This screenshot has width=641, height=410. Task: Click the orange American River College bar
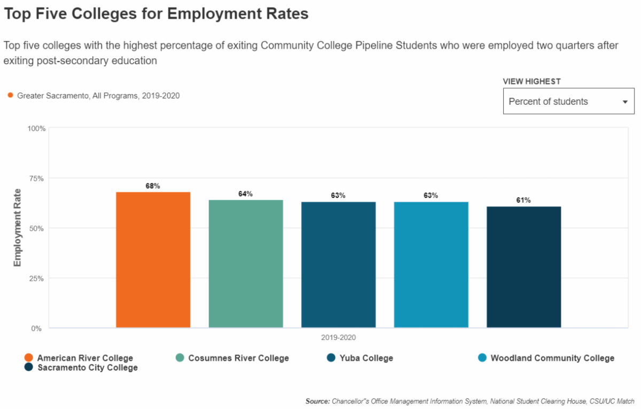pos(153,260)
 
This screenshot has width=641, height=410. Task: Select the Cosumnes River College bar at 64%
pos(246,264)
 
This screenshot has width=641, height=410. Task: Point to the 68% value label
pos(153,186)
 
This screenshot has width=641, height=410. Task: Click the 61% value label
pos(523,200)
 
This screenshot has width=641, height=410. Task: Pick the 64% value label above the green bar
pos(246,194)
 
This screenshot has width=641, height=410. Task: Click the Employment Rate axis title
pos(17,228)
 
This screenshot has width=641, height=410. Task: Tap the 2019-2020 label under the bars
pos(338,338)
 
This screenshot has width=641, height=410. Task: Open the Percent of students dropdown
pos(568,102)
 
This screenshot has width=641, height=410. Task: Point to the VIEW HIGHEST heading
pos(531,82)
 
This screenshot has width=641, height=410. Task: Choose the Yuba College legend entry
pos(366,358)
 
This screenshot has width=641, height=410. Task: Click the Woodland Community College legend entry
pos(552,358)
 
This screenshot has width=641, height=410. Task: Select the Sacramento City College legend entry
pos(87,368)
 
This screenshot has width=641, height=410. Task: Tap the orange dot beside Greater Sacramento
pos(10,96)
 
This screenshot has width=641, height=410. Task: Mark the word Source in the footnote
pos(317,401)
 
